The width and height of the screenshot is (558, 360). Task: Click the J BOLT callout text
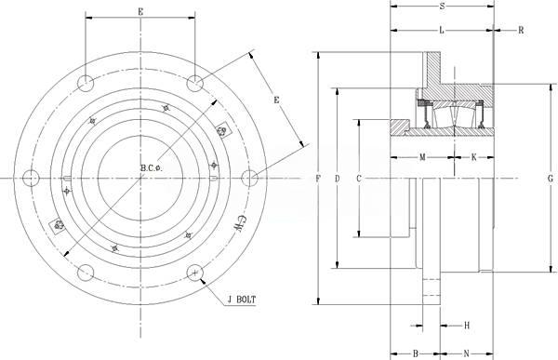241,300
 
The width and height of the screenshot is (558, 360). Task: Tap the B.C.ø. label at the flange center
152,168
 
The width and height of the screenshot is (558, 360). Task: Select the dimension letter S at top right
442,7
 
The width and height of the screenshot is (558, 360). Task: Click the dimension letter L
442,31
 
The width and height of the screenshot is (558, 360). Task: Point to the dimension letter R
521,31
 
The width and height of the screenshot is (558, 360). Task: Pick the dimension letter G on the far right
551,179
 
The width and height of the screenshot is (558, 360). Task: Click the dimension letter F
318,179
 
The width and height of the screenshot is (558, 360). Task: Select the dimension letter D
338,179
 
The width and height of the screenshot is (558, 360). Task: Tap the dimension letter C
359,179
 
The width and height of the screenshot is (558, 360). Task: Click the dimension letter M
422,157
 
